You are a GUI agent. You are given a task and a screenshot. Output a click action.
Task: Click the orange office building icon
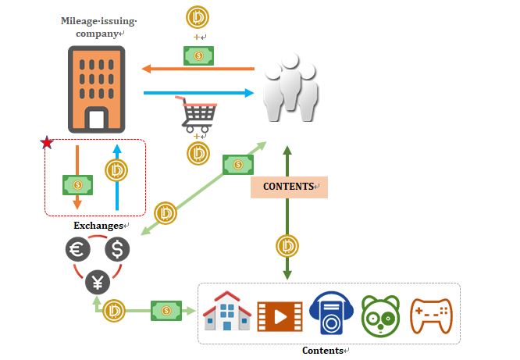click(96, 88)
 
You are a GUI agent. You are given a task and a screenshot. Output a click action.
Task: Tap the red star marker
click(47, 142)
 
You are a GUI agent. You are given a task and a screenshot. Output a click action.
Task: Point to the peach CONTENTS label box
click(289, 187)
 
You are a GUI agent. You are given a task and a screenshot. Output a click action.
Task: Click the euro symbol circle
click(78, 250)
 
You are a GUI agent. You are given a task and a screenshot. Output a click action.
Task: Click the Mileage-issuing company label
click(92, 27)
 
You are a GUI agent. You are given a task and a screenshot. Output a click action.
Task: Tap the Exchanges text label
click(98, 226)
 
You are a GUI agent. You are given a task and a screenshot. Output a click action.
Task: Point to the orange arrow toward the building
click(198, 69)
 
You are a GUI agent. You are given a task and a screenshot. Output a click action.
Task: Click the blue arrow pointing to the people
click(199, 94)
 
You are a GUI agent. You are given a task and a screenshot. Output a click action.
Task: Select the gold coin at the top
click(198, 17)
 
